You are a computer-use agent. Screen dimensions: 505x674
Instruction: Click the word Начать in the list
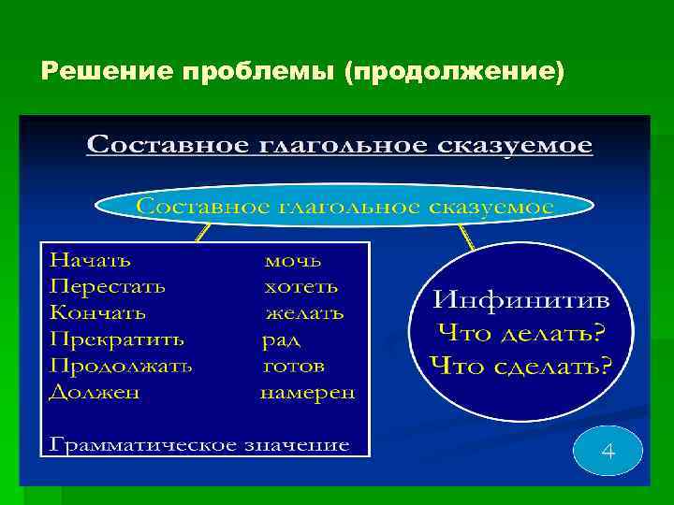tap(90, 258)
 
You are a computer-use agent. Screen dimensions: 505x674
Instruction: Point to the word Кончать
tap(97, 311)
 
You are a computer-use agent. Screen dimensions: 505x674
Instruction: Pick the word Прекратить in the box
tap(116, 339)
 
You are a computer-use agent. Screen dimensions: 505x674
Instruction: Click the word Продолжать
tap(121, 366)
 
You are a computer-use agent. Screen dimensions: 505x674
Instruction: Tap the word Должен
tap(94, 392)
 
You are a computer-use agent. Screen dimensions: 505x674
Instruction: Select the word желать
tap(304, 311)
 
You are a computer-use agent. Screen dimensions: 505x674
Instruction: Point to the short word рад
tap(281, 339)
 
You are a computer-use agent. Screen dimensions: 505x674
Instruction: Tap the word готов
tap(293, 366)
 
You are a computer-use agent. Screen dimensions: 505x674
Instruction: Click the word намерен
tap(307, 393)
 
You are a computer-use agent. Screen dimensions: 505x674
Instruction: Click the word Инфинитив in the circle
tap(521, 301)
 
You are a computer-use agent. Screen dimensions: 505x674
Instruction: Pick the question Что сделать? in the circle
tap(521, 364)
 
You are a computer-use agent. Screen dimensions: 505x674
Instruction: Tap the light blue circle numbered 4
tap(608, 453)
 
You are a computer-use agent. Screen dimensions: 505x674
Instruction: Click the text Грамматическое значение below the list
tap(199, 444)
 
